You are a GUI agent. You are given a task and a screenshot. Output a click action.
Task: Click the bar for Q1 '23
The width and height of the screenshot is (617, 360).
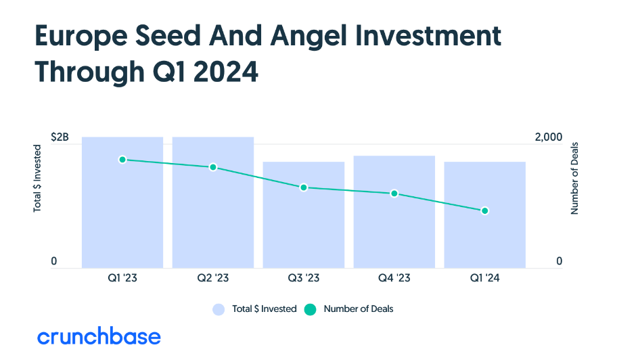pyautogui.click(x=122, y=202)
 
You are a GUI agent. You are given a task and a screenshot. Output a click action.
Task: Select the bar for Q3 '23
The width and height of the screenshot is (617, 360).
pyautogui.click(x=304, y=215)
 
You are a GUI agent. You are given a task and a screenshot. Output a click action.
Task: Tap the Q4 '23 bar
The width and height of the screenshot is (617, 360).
pyautogui.click(x=394, y=212)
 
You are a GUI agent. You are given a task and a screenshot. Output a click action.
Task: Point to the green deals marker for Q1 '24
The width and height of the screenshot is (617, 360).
pyautogui.click(x=485, y=211)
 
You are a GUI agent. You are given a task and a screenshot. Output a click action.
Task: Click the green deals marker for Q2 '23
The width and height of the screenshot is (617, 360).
pyautogui.click(x=213, y=167)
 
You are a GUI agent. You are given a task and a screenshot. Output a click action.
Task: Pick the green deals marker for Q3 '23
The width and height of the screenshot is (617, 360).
pyautogui.click(x=303, y=187)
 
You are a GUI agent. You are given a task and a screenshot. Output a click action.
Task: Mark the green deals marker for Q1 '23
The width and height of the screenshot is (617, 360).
pyautogui.click(x=122, y=160)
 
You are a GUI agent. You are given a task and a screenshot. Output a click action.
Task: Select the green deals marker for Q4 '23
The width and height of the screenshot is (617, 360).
pyautogui.click(x=394, y=194)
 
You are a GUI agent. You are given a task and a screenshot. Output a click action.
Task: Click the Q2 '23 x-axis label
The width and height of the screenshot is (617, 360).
pyautogui.click(x=213, y=278)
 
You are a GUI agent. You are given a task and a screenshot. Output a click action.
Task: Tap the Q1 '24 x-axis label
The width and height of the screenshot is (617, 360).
pyautogui.click(x=485, y=278)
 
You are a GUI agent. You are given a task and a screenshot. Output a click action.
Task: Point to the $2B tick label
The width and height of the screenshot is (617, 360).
pyautogui.click(x=60, y=137)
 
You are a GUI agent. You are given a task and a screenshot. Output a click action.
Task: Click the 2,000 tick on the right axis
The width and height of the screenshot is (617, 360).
pyautogui.click(x=549, y=137)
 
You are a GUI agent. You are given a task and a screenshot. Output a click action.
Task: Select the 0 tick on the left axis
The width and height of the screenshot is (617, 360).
pyautogui.click(x=54, y=261)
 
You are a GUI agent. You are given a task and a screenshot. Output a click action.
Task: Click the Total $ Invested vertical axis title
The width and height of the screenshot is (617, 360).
pyautogui.click(x=37, y=178)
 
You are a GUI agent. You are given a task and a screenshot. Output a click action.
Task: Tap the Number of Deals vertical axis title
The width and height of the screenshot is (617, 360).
pyautogui.click(x=574, y=178)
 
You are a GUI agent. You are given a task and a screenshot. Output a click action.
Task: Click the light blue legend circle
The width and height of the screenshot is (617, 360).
pyautogui.click(x=219, y=309)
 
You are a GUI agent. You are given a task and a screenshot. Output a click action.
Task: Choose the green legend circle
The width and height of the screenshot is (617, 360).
pyautogui.click(x=310, y=309)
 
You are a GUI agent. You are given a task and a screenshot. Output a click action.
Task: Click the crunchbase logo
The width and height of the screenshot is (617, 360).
pyautogui.click(x=99, y=336)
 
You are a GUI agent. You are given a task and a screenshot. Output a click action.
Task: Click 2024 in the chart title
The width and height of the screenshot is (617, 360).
pyautogui.click(x=226, y=72)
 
